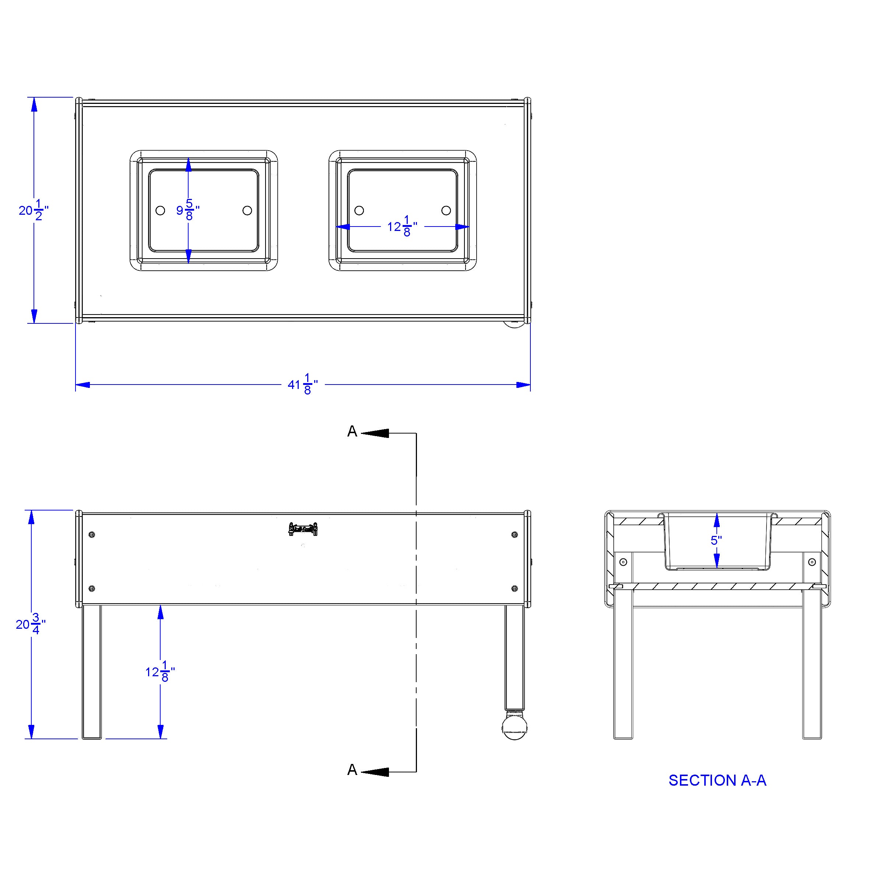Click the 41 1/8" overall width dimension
(302, 384)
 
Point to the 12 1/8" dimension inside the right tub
(402, 227)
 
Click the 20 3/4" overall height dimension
(31, 624)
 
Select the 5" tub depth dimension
(716, 540)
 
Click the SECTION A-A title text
(717, 780)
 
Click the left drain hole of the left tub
(160, 210)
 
